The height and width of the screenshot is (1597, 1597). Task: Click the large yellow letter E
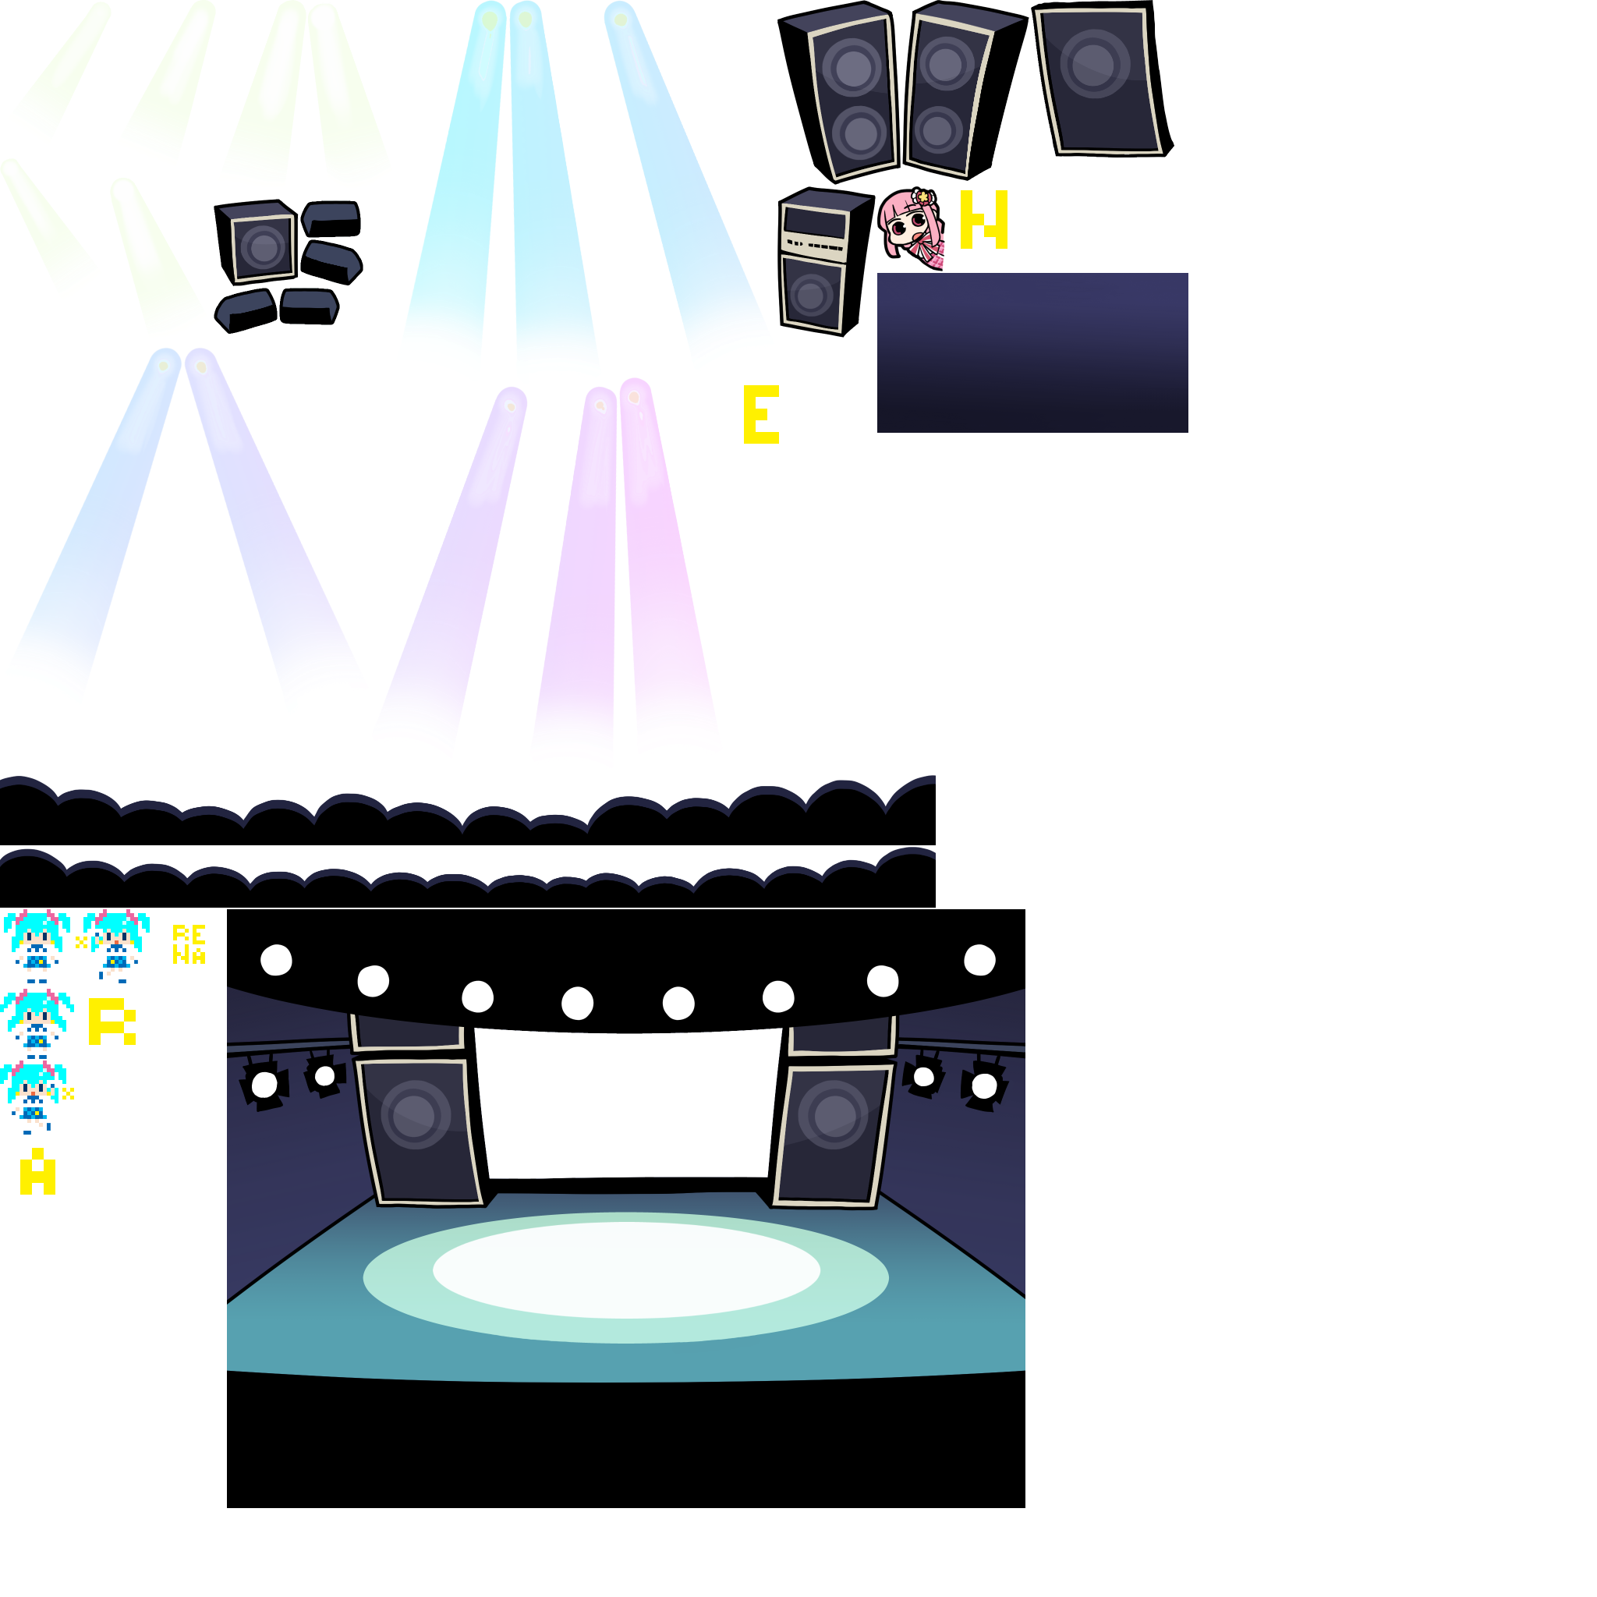[760, 414]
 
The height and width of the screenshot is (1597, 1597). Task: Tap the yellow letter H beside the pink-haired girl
[983, 219]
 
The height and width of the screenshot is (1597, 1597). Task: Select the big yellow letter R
[112, 1022]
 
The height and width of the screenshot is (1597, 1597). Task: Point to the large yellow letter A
[37, 1171]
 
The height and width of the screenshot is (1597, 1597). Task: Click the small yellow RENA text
[189, 945]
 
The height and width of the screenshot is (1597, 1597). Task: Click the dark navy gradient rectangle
[1032, 352]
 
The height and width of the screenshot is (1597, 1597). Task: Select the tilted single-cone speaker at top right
[1098, 81]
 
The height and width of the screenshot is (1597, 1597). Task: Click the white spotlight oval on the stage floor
[625, 1270]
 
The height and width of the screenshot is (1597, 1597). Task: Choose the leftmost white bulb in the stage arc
[276, 961]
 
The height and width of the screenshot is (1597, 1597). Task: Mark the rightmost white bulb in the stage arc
[979, 961]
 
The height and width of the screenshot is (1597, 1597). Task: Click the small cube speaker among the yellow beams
[263, 246]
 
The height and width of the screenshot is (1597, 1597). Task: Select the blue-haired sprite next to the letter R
[37, 1023]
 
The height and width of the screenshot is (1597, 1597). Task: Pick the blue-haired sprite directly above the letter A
[33, 1096]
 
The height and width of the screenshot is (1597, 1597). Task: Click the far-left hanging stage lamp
[264, 1085]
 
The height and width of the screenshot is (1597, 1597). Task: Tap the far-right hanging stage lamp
[983, 1085]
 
